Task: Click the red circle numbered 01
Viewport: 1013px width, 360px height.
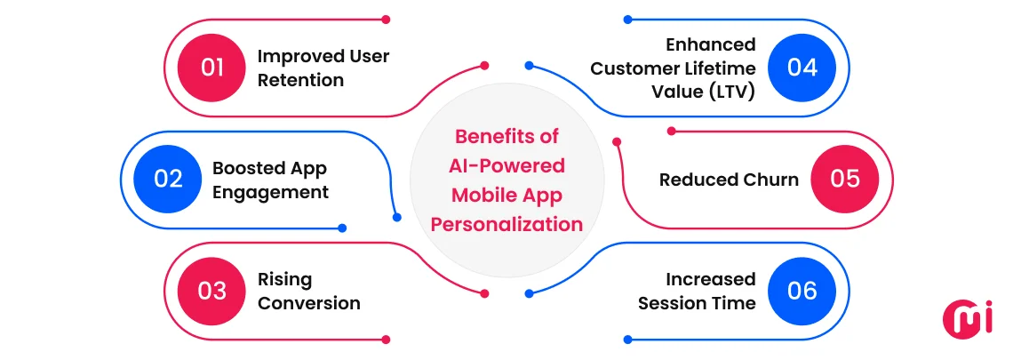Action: click(x=212, y=68)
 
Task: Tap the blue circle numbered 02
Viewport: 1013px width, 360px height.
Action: click(x=168, y=180)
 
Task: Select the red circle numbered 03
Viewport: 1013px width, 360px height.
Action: click(x=212, y=292)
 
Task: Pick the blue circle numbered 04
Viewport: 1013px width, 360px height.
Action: click(x=802, y=68)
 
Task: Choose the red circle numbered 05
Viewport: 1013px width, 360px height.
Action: click(x=845, y=180)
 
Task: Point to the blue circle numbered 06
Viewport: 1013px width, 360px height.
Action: click(x=802, y=292)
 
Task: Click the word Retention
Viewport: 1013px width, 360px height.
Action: click(x=300, y=80)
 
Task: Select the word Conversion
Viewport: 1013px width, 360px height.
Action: click(x=309, y=303)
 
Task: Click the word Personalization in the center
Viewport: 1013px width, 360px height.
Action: click(x=506, y=223)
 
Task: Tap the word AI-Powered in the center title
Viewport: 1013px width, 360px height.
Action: click(x=506, y=165)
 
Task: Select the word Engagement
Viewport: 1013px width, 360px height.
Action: click(x=270, y=191)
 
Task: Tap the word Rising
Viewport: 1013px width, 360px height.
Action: click(x=285, y=279)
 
